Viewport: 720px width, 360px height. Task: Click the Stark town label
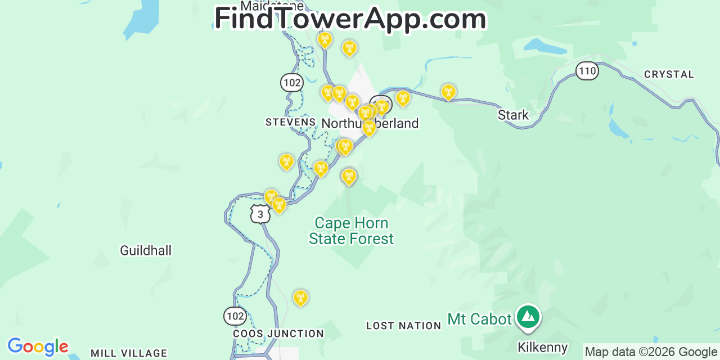point(513,115)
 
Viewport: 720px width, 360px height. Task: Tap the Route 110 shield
point(587,71)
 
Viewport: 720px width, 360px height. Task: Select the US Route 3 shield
point(260,214)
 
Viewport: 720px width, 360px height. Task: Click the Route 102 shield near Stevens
point(292,83)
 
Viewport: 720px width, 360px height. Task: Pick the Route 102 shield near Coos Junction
point(235,316)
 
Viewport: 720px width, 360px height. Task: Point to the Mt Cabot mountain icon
point(528,317)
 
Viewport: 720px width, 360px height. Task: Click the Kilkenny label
point(542,347)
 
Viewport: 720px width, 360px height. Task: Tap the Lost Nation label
point(403,326)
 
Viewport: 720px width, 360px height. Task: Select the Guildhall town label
point(146,251)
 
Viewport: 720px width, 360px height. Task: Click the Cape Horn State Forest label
point(352,231)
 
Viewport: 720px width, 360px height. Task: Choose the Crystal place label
point(669,74)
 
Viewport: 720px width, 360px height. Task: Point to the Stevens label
point(290,122)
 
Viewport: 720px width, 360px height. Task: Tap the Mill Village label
point(129,353)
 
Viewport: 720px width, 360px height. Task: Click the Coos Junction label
point(278,334)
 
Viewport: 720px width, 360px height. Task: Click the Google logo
point(38,346)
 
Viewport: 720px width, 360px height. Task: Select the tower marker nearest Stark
point(448,92)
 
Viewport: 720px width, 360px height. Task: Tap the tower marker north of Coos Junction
point(301,298)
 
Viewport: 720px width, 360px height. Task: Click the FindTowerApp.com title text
point(350,19)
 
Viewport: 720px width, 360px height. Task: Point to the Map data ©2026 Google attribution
point(651,352)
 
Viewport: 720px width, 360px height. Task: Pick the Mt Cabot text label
point(479,319)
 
